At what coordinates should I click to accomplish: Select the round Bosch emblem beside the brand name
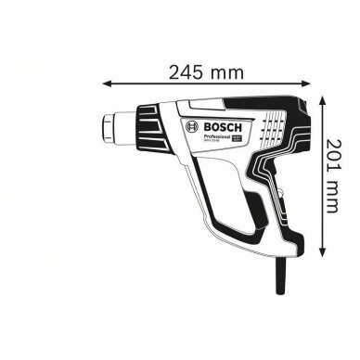coord(190,128)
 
